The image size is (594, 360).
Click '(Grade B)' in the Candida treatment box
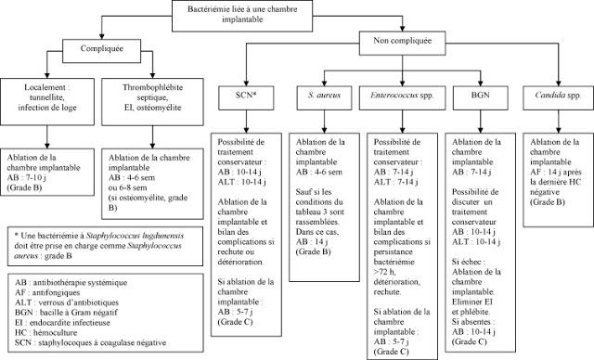click(x=545, y=200)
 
